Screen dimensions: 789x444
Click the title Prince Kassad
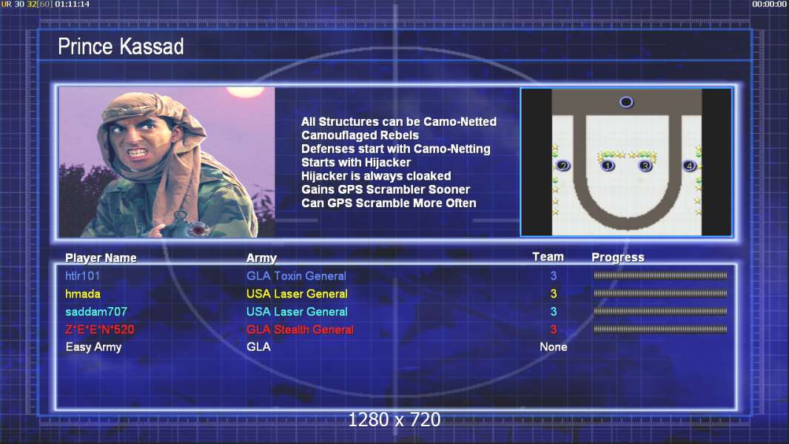coord(121,47)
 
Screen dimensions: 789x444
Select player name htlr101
coord(82,275)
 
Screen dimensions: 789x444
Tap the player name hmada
coord(82,294)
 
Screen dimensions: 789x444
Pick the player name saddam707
coord(96,312)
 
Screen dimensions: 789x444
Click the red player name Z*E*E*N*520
coord(100,330)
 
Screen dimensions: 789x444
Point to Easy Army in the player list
coord(93,348)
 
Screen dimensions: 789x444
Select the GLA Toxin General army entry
coord(296,275)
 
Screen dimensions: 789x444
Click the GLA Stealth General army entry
coord(300,330)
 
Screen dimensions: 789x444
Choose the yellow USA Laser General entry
coord(297,294)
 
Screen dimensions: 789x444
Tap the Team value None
coord(554,347)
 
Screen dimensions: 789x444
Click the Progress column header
coord(618,258)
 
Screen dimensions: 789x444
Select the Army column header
coord(262,258)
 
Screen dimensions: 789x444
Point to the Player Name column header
coord(101,258)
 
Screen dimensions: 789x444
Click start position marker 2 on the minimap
coord(563,166)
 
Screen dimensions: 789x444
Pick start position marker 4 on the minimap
coord(689,166)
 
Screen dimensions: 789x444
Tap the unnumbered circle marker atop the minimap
coord(626,102)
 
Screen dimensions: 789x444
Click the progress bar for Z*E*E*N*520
coord(660,330)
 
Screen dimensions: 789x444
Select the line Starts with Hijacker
coord(356,162)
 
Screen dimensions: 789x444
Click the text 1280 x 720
coord(394,420)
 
